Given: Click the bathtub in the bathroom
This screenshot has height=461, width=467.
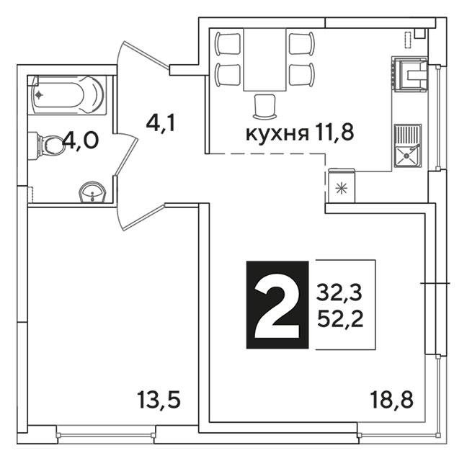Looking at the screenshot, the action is [x=68, y=95].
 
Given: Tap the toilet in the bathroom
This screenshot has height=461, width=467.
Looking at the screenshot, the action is [x=47, y=146].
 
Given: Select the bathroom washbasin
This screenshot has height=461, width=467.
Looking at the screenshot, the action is [x=92, y=192].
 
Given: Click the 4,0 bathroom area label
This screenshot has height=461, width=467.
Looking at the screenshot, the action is [x=81, y=140].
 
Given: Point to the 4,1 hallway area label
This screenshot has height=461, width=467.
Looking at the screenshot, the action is [x=161, y=123].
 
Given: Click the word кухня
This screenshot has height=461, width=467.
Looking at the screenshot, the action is [x=277, y=135].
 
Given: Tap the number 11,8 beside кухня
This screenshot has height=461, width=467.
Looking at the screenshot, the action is [x=333, y=133].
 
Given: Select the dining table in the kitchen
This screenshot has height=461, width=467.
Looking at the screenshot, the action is [x=264, y=59].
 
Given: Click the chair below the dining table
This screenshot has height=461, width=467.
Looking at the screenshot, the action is [x=264, y=107].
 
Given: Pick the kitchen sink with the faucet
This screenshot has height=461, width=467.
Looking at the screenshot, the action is [x=408, y=146].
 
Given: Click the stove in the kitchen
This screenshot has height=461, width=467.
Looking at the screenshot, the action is [x=411, y=74].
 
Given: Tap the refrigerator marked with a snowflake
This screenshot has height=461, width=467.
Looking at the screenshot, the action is [x=342, y=186].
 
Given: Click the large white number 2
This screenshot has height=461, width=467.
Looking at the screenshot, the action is [x=277, y=305].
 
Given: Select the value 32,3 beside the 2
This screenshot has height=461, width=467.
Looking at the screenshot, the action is [x=339, y=292].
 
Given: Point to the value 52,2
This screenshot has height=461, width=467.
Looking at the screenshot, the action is [x=340, y=320].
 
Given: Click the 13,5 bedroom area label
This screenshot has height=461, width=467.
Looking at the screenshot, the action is [x=159, y=400].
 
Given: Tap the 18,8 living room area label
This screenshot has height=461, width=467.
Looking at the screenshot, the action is [x=391, y=400].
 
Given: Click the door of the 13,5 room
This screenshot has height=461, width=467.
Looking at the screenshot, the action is [x=141, y=217].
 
